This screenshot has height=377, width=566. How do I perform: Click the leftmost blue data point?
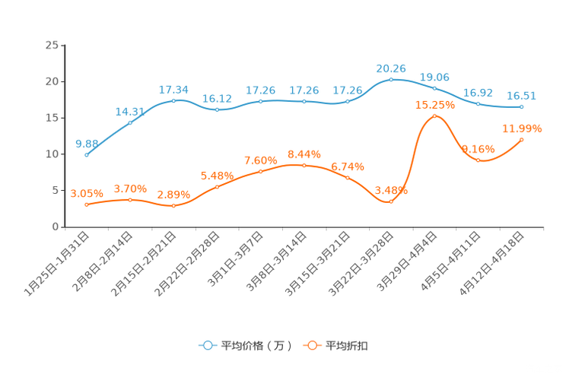[87, 154]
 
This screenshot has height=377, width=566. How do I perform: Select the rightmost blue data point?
[522, 107]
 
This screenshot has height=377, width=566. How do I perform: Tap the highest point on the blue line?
[391, 78]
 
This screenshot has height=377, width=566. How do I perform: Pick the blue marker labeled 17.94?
[174, 101]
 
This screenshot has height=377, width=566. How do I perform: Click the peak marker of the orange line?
[434, 116]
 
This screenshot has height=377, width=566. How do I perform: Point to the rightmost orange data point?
[522, 139]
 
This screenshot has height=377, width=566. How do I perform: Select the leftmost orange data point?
[87, 204]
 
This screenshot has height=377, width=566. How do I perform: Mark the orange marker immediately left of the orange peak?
[391, 201]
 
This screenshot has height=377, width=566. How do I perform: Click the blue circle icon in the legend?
[207, 345]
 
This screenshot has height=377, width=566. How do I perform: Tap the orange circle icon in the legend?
[311, 345]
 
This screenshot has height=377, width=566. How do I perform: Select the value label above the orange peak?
[434, 106]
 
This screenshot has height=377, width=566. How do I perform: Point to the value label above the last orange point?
[522, 128]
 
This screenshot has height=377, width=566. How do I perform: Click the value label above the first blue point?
[87, 143]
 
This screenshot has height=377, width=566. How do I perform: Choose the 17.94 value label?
[173, 90]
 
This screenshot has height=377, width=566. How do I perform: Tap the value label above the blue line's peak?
[391, 68]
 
